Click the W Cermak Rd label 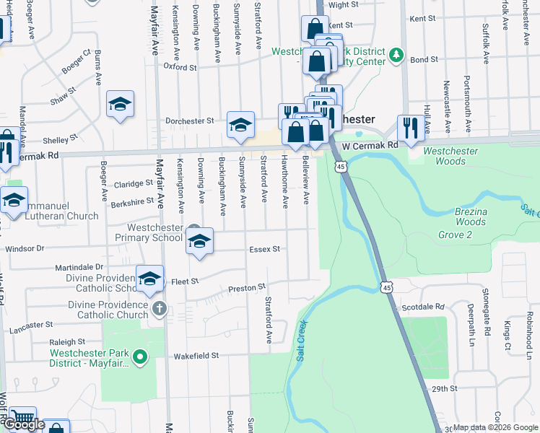tap(370, 146)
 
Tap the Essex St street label tap(264, 250)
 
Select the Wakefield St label tap(196, 356)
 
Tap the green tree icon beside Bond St tap(395, 55)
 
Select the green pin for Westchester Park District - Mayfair tap(142, 356)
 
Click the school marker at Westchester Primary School tap(200, 242)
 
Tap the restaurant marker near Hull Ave tap(410, 128)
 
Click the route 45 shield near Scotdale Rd tap(387, 287)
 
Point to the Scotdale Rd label tap(424, 307)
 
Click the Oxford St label tap(180, 67)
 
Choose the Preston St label tap(243, 289)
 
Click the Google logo tap(25, 424)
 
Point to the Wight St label tap(344, 4)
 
